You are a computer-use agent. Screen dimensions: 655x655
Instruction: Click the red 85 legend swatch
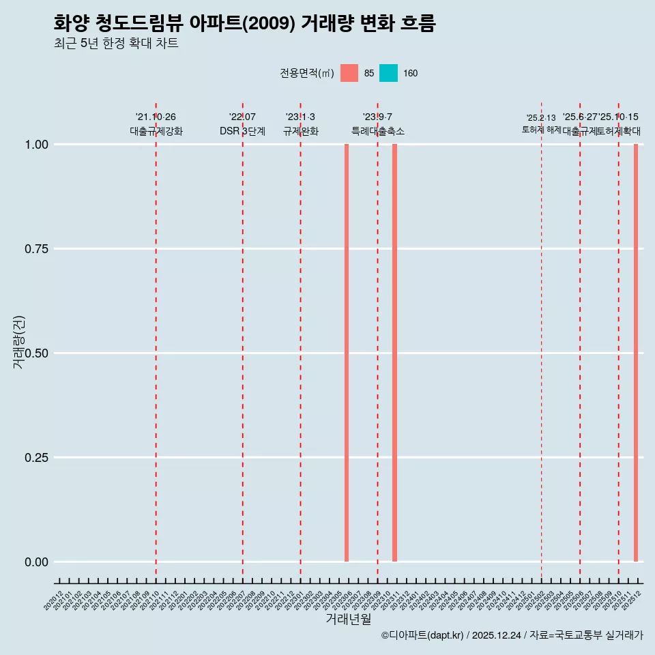349,73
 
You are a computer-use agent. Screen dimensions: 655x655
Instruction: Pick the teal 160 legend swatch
388,73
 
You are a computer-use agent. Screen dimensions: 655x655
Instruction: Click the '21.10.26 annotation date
156,117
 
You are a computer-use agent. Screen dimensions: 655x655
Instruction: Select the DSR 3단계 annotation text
242,131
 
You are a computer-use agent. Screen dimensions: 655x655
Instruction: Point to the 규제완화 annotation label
300,131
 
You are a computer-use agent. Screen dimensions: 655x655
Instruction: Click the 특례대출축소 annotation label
378,131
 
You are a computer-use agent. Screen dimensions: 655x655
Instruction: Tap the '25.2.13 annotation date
541,117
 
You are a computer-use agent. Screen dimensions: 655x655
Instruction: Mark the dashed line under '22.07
242,341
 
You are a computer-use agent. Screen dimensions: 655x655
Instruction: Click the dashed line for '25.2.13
541,341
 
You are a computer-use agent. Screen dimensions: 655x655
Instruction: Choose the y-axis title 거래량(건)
18,342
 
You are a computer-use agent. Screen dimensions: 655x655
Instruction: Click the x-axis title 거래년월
349,619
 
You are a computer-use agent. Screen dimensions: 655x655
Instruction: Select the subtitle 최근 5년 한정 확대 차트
116,44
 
